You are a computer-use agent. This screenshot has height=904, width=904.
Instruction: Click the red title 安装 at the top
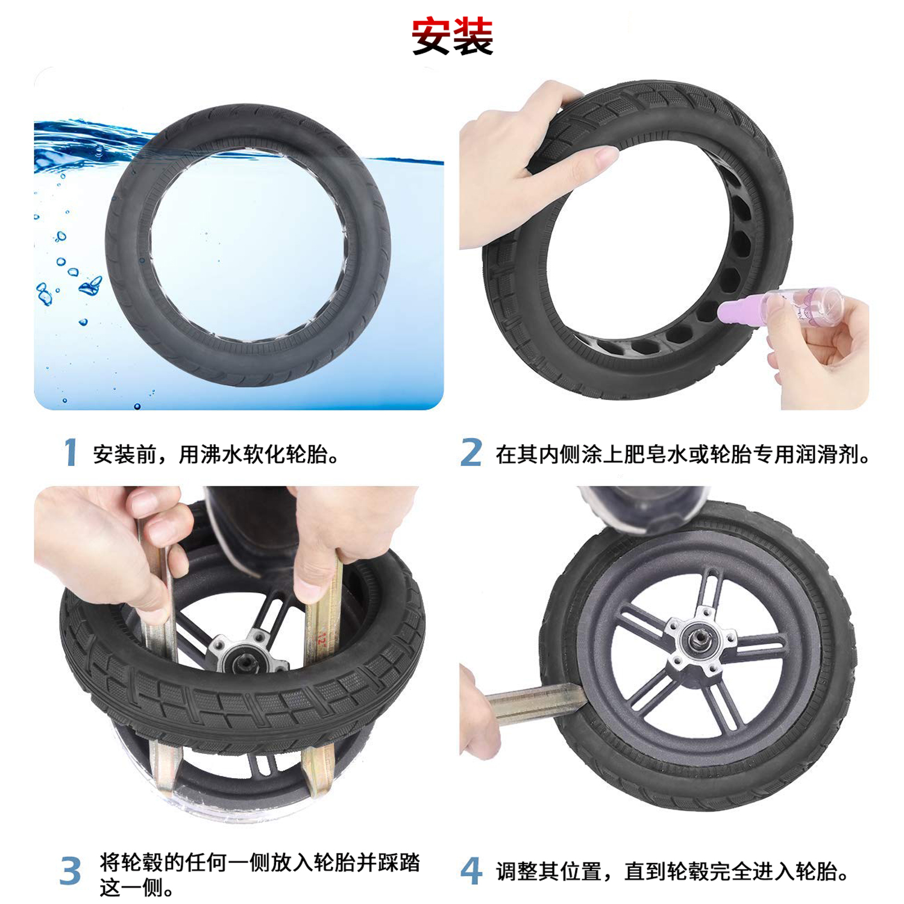click(453, 37)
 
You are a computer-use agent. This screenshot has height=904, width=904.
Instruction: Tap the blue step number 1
click(71, 453)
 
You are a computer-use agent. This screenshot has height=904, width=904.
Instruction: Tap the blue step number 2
click(471, 453)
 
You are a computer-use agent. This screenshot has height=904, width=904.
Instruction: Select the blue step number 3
click(71, 871)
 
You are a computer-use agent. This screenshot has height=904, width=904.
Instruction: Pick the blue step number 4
click(471, 871)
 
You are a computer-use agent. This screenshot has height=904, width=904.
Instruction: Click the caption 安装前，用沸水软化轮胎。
click(216, 454)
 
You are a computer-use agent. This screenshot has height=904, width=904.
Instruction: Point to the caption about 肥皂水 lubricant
click(683, 454)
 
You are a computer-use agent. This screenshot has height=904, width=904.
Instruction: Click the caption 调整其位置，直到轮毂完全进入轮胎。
click(673, 871)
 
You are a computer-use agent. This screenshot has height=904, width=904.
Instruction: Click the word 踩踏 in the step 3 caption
click(398, 862)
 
